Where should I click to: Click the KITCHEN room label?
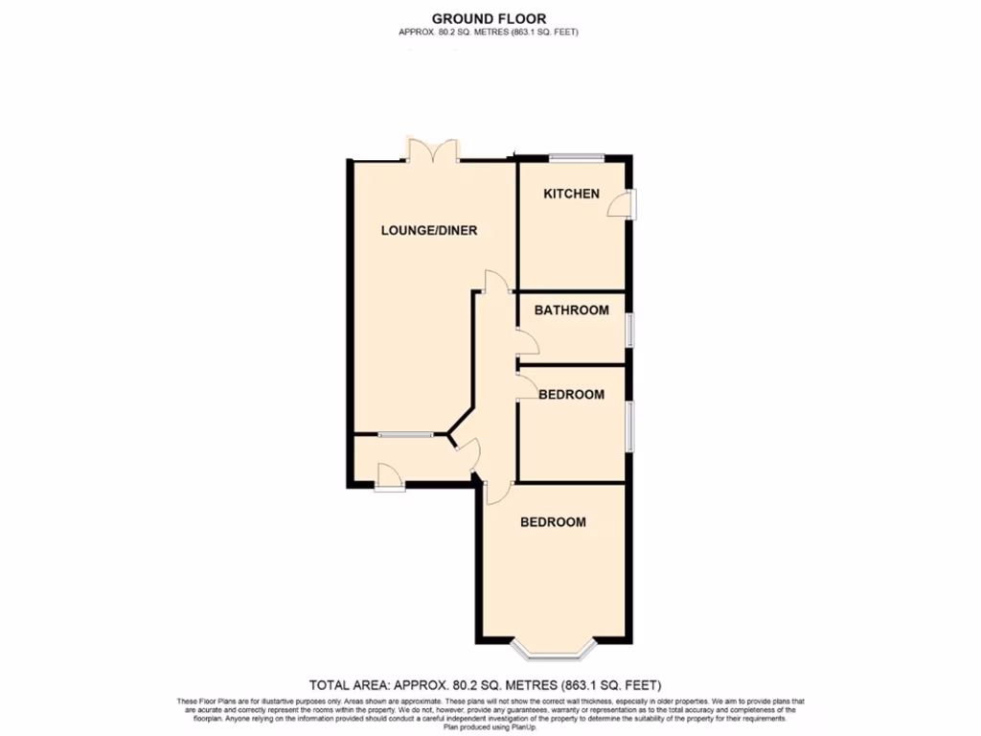click(x=571, y=194)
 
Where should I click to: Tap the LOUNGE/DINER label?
click(x=429, y=230)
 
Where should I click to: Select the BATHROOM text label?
click(x=571, y=310)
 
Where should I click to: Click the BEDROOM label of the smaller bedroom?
click(x=571, y=394)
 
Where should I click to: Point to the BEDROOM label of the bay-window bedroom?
click(x=553, y=522)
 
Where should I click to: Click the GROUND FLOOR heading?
click(x=490, y=18)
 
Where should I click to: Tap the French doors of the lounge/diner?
click(x=433, y=151)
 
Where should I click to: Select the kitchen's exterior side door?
click(x=627, y=203)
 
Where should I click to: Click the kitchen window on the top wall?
click(x=577, y=157)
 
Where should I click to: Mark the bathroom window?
click(x=629, y=330)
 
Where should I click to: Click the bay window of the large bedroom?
click(x=555, y=652)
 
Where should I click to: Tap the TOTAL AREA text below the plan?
click(x=485, y=684)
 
